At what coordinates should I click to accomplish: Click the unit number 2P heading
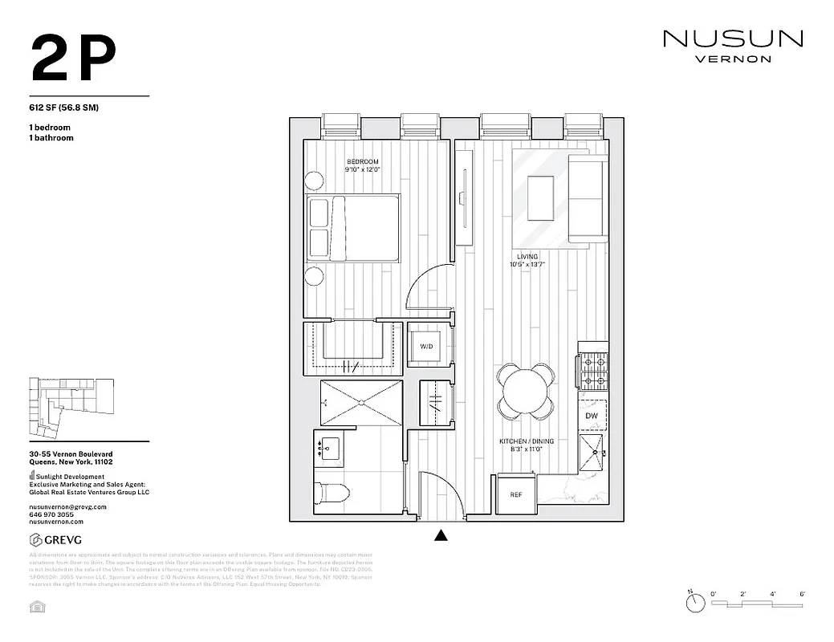(x=74, y=59)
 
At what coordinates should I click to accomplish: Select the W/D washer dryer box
(x=426, y=346)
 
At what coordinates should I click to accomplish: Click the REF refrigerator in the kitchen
(x=516, y=494)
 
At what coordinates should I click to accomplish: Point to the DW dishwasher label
(x=592, y=416)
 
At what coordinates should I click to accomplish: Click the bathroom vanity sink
(x=329, y=446)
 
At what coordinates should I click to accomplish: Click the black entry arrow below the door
(x=441, y=535)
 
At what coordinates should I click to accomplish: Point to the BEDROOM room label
(x=362, y=162)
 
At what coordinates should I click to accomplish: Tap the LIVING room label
(x=527, y=257)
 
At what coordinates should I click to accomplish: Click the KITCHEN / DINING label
(x=527, y=441)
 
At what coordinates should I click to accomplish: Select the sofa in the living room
(x=587, y=198)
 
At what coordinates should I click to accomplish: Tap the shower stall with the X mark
(x=361, y=402)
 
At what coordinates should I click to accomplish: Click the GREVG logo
(x=55, y=539)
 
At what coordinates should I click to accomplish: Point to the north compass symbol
(x=690, y=596)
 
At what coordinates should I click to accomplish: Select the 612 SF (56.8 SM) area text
(x=63, y=108)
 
